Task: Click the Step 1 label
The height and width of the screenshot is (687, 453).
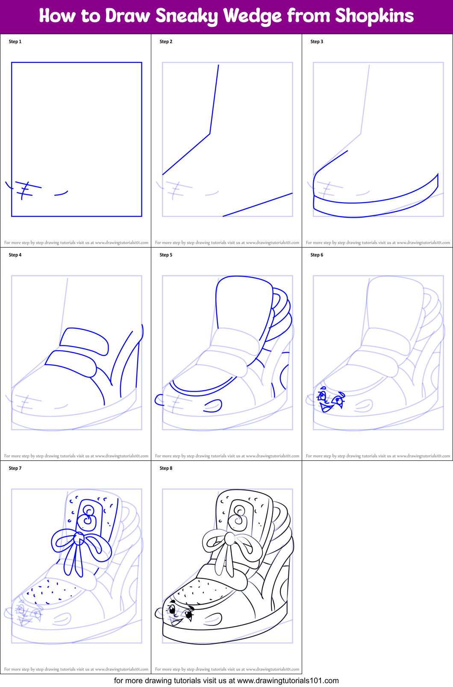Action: [15, 41]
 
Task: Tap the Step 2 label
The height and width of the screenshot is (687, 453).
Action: [166, 41]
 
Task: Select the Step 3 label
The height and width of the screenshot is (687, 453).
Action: [317, 41]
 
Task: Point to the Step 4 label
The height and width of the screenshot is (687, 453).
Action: [15, 255]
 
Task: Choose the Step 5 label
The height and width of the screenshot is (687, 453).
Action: [166, 255]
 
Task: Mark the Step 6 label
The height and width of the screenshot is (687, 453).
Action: [317, 255]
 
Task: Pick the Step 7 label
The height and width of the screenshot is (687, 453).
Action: [15, 468]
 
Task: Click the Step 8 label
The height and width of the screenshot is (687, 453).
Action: [166, 468]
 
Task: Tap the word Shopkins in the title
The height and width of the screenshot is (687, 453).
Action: [374, 16]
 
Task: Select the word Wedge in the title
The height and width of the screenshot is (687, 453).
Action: [253, 16]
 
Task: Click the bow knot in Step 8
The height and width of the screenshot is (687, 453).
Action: [230, 540]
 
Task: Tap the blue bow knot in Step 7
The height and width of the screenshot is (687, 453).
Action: [79, 539]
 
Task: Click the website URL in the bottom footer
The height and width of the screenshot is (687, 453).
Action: [288, 681]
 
